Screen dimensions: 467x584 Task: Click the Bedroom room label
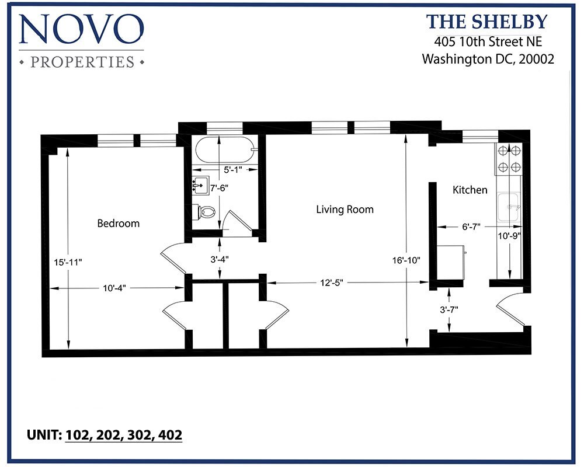point(118,223)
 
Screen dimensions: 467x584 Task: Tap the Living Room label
point(345,209)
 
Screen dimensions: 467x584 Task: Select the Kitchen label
point(470,190)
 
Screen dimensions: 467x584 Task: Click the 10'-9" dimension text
point(510,236)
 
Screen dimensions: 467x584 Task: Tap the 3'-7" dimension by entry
point(448,309)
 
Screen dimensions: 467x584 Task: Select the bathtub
point(225,151)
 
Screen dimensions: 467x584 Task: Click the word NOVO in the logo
point(81,30)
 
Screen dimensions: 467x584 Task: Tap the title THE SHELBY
point(487,22)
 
